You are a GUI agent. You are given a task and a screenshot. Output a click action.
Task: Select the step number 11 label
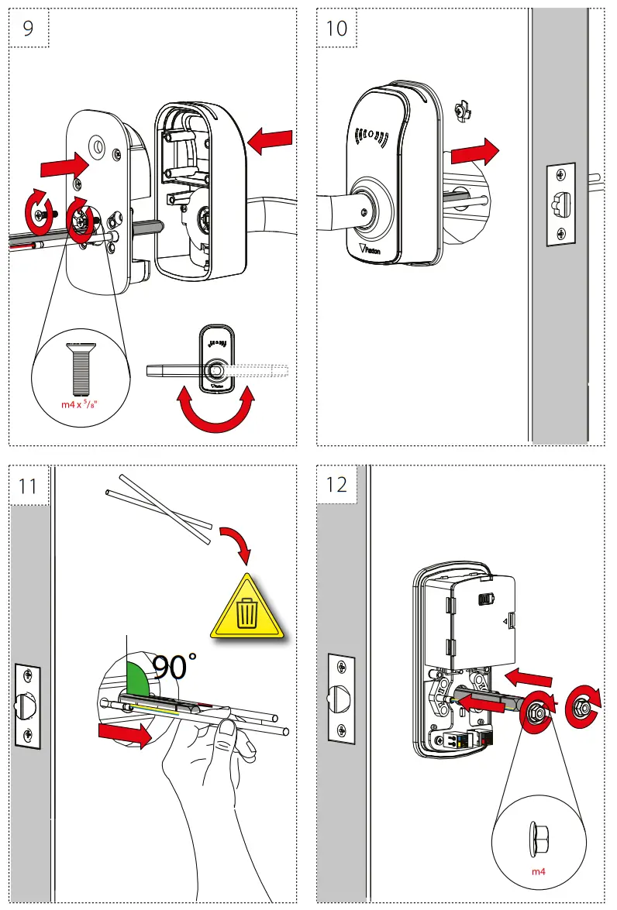[29, 486]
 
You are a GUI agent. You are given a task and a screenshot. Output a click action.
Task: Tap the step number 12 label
[337, 486]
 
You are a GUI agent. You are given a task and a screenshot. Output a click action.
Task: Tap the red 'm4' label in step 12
[538, 871]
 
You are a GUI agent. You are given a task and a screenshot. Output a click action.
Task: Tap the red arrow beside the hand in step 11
[124, 736]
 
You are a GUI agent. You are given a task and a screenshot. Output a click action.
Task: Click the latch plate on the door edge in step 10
[560, 204]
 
